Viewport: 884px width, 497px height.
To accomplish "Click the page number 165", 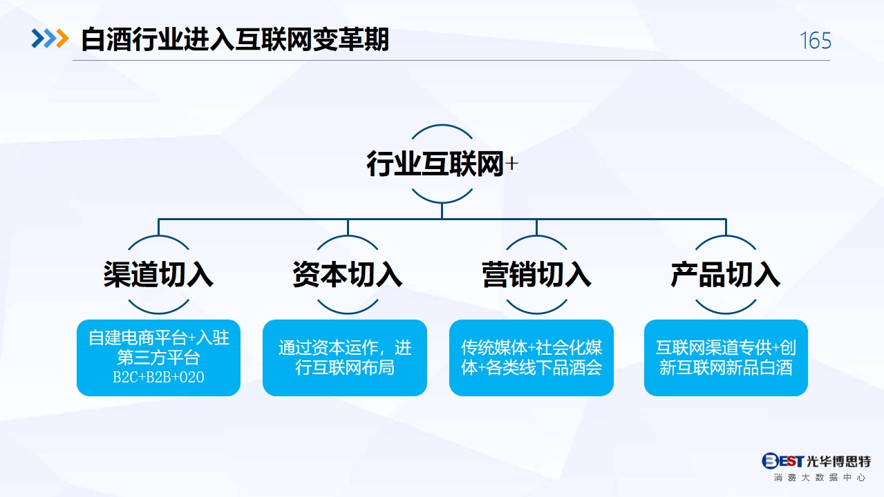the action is pyautogui.click(x=816, y=41).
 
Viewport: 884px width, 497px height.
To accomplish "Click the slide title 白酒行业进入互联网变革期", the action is pyautogui.click(x=235, y=39).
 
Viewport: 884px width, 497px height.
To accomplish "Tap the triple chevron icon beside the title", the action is pyautogui.click(x=50, y=39).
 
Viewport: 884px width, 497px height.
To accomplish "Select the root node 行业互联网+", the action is pyautogui.click(x=442, y=164).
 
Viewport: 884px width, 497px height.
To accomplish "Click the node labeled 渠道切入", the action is pyautogui.click(x=158, y=274).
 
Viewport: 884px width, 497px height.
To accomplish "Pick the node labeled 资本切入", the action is pyautogui.click(x=347, y=274).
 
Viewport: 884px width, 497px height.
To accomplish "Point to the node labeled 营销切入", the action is pyautogui.click(x=536, y=274).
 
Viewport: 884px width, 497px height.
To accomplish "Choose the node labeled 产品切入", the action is pyautogui.click(x=725, y=274).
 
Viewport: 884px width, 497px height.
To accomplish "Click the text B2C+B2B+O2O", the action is pyautogui.click(x=159, y=377).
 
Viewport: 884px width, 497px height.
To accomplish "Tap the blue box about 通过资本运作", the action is pyautogui.click(x=345, y=358).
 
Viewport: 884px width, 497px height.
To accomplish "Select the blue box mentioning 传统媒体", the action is pyautogui.click(x=532, y=358).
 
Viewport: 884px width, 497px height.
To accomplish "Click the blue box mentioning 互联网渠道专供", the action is pyautogui.click(x=726, y=358).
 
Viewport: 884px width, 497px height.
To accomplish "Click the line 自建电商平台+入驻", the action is pyautogui.click(x=159, y=338).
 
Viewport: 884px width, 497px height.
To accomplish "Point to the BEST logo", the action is pyautogui.click(x=782, y=460).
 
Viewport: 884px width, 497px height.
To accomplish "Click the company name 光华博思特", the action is pyautogui.click(x=838, y=461).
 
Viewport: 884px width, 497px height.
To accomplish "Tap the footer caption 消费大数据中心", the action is pyautogui.click(x=819, y=478).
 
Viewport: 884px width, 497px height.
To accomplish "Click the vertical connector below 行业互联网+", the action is pyautogui.click(x=442, y=211).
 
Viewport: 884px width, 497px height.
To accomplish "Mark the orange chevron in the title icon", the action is pyautogui.click(x=63, y=39).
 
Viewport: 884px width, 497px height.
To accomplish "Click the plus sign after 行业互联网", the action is pyautogui.click(x=511, y=164).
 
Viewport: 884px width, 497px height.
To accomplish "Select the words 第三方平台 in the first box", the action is pyautogui.click(x=159, y=358).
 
